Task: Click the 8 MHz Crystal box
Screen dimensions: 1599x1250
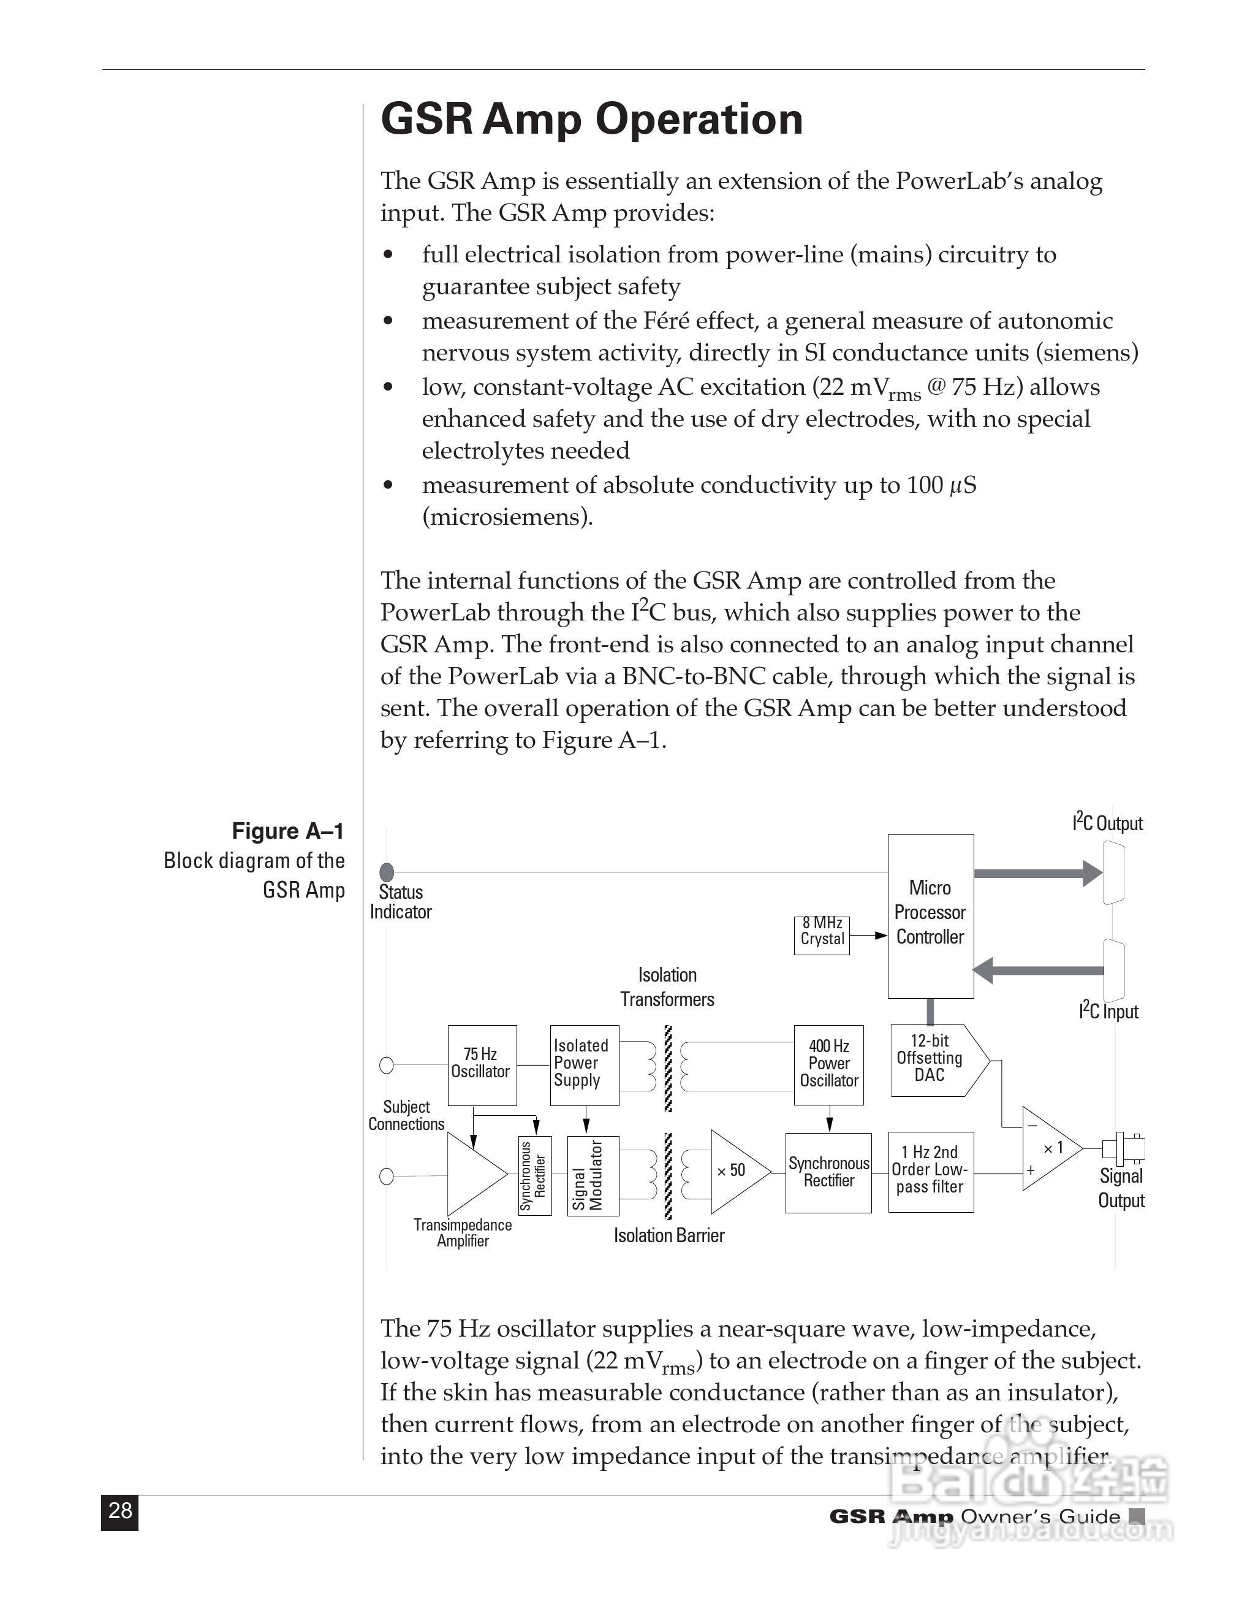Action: tap(822, 935)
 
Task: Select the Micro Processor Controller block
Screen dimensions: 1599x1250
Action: tap(930, 916)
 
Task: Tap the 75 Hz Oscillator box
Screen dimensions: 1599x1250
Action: tap(482, 1064)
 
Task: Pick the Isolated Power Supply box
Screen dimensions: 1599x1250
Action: tap(584, 1064)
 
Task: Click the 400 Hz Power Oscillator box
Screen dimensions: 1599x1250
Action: tap(828, 1064)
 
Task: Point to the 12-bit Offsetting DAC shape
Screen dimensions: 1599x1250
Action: tap(933, 1059)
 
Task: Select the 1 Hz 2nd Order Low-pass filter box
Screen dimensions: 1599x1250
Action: tap(930, 1172)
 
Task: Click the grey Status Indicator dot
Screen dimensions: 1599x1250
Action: tap(387, 872)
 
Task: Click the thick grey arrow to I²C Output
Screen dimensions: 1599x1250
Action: tap(1038, 872)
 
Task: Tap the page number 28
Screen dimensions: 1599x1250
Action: tap(119, 1509)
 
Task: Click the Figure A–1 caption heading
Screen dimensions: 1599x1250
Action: tap(287, 831)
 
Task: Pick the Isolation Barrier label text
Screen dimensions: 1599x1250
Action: tap(669, 1236)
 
